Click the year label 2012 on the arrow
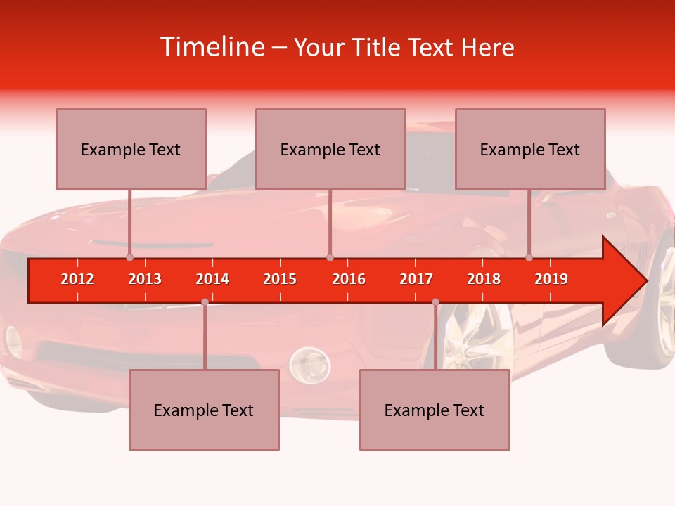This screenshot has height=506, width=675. [x=77, y=279]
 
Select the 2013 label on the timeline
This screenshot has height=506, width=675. [x=145, y=279]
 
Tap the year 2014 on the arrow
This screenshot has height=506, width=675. [x=212, y=279]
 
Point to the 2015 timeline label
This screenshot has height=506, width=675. [x=280, y=279]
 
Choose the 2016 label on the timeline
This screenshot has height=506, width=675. [x=349, y=279]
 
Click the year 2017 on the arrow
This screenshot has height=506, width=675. [x=416, y=279]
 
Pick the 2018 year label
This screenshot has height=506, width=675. [x=484, y=279]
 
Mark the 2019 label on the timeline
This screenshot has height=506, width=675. [x=551, y=279]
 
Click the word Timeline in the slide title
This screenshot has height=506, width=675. [x=211, y=47]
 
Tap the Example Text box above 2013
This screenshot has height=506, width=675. [x=131, y=149]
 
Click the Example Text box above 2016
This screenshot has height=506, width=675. [x=330, y=149]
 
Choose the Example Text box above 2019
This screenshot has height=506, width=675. [x=530, y=149]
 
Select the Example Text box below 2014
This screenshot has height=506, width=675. [x=204, y=410]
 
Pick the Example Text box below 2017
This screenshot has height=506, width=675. [x=435, y=410]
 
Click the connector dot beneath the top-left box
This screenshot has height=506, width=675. [x=129, y=257]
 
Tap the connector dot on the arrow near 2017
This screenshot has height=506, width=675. [x=435, y=301]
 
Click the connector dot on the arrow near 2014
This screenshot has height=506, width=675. [x=205, y=301]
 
